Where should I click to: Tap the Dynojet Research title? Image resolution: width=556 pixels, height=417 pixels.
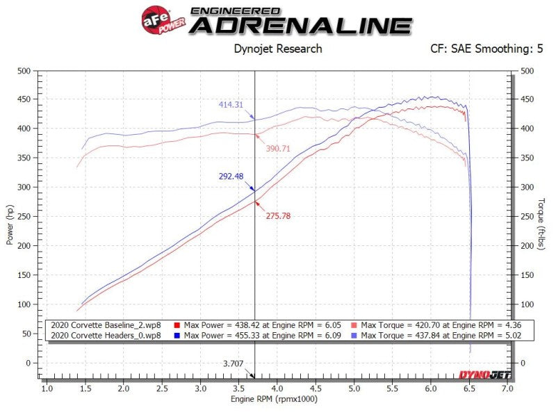277,49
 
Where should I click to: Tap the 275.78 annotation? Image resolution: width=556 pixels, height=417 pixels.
278,216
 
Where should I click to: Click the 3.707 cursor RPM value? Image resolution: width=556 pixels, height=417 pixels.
234,363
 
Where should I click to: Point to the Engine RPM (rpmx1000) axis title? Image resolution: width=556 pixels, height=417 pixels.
276,401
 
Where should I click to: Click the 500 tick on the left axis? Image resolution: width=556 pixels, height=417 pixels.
25,71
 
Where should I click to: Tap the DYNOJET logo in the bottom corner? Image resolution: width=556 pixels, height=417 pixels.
484,375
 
